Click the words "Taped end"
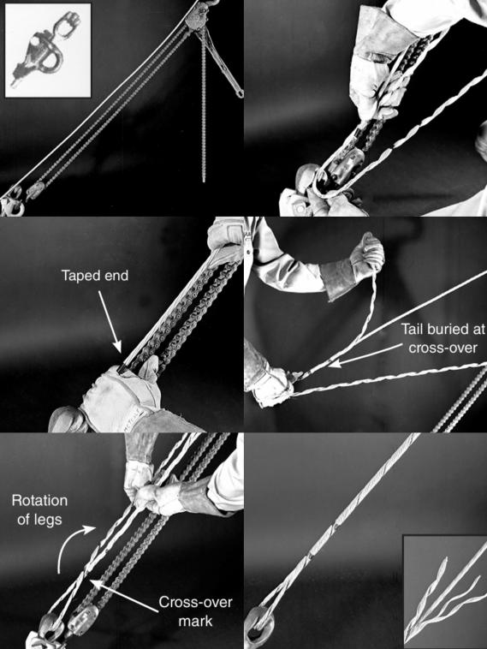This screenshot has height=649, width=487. point(95,276)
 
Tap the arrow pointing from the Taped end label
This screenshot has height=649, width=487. point(110,321)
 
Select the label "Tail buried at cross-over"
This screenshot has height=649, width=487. point(442,338)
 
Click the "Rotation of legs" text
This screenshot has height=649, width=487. point(39,509)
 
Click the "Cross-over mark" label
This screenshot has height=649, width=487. point(195,611)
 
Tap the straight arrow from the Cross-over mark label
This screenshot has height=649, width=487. point(124,596)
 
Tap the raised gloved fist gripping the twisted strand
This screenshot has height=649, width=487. point(367,251)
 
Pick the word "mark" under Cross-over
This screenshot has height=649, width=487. point(195,621)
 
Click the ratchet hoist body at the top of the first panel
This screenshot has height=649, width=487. point(197,19)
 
